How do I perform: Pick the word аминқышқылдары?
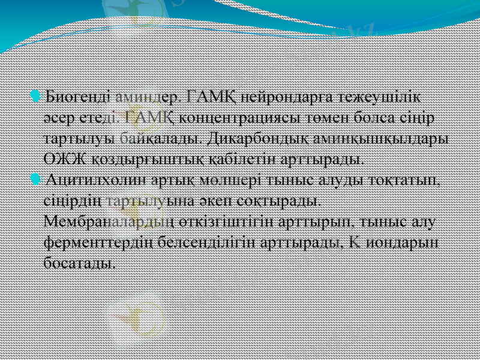(x=386, y=139)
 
